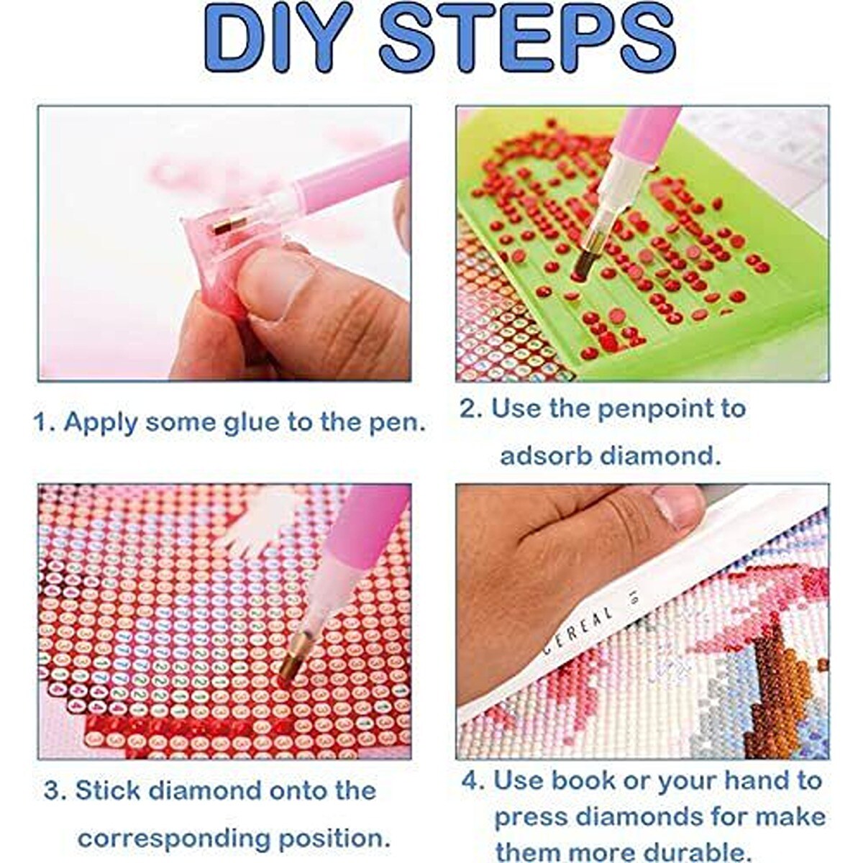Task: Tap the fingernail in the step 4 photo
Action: tap(676, 508)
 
